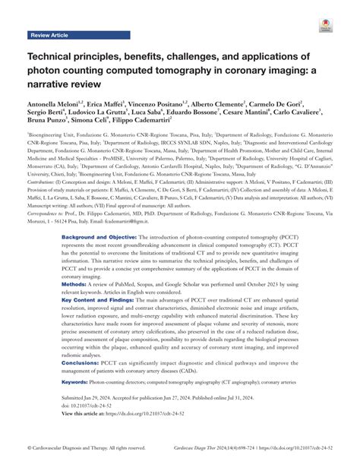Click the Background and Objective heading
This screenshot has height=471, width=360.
click(x=99, y=258)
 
